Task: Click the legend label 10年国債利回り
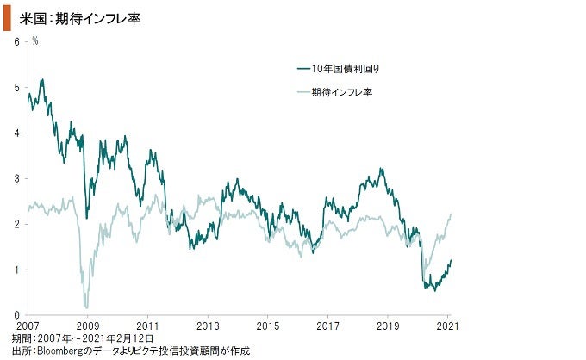pyautogui.click(x=345, y=67)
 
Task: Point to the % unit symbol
pyautogui.click(x=34, y=40)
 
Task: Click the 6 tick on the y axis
pyautogui.click(x=17, y=41)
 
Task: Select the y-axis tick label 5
pyautogui.click(x=17, y=87)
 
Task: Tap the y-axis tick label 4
pyautogui.click(x=17, y=133)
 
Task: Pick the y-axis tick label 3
pyautogui.click(x=17, y=178)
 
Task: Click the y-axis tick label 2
pyautogui.click(x=17, y=224)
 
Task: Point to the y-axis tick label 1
pyautogui.click(x=17, y=270)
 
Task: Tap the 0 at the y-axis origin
pyautogui.click(x=17, y=315)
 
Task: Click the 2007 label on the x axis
pyautogui.click(x=28, y=326)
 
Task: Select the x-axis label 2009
pyautogui.click(x=87, y=326)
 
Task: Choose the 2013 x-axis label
pyautogui.click(x=208, y=326)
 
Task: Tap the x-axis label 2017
pyautogui.click(x=328, y=326)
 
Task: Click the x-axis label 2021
pyautogui.click(x=448, y=326)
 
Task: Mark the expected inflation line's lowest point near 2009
pyautogui.click(x=86, y=307)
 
